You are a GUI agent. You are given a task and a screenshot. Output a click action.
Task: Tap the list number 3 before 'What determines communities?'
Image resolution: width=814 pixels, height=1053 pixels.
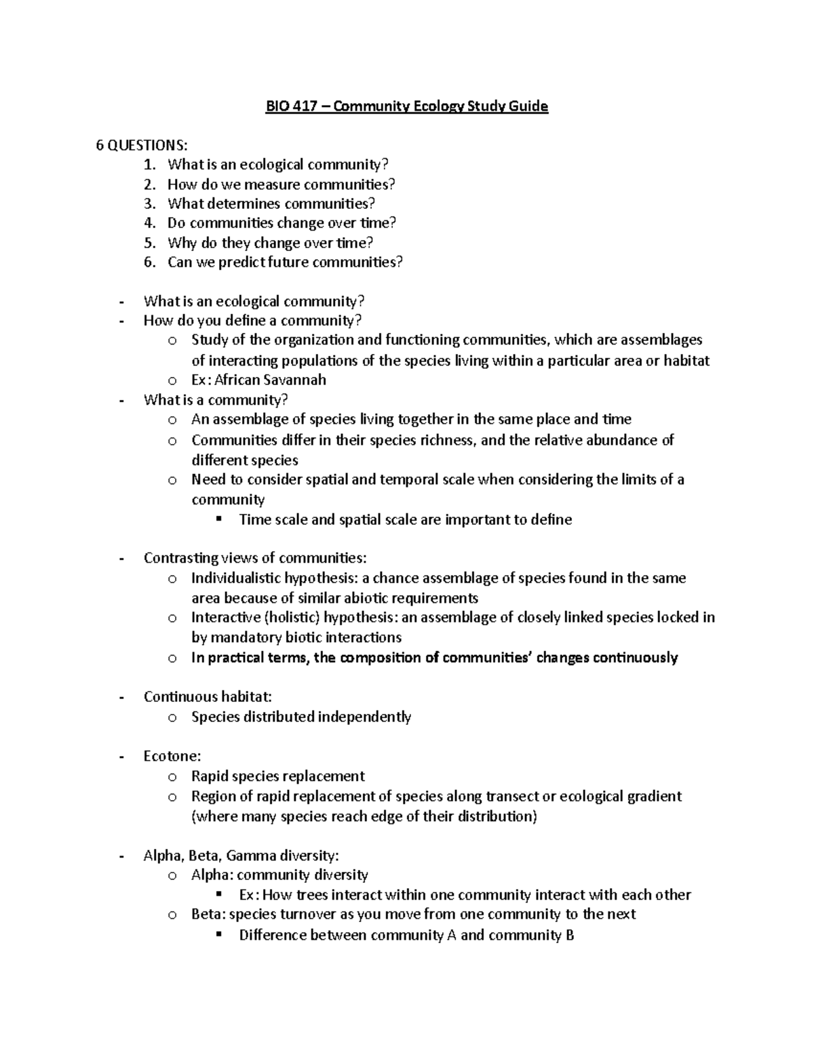(x=149, y=203)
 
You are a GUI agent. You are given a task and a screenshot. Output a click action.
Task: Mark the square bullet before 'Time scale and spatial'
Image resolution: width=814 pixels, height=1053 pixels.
(x=218, y=519)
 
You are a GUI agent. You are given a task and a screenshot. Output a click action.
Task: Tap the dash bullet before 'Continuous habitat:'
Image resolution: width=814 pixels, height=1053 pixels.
(x=121, y=697)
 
